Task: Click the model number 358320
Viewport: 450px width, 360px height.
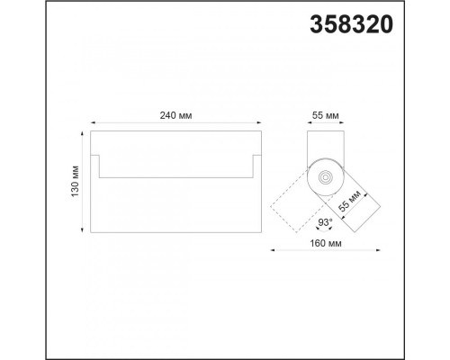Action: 351,24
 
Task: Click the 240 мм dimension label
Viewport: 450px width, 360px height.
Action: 175,115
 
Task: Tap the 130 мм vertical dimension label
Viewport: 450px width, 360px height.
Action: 75,181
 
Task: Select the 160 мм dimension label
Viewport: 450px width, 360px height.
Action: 326,243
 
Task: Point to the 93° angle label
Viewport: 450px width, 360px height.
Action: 325,222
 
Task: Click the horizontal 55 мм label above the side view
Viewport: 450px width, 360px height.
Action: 326,115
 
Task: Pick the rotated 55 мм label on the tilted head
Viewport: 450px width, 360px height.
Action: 349,201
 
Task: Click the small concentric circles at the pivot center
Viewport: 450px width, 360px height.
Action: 326,177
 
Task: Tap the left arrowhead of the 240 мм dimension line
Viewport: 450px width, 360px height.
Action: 93,122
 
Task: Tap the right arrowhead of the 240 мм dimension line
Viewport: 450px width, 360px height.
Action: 259,122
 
